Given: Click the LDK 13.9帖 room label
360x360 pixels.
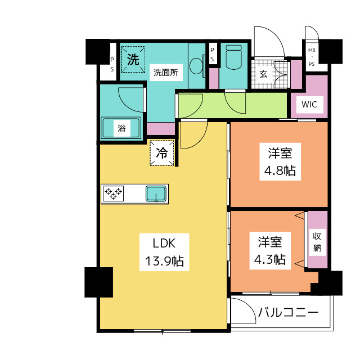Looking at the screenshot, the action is pyautogui.click(x=164, y=252).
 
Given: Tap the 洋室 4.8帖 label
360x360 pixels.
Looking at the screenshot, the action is pyautogui.click(x=280, y=161).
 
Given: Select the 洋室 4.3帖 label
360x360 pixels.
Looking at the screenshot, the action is pyautogui.click(x=270, y=250).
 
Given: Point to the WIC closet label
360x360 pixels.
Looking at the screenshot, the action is pyautogui.click(x=309, y=105).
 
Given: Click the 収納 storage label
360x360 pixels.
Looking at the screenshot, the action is pyautogui.click(x=317, y=242).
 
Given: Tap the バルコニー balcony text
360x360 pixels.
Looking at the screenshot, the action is pyautogui.click(x=289, y=312).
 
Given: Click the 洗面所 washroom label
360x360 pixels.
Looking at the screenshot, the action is pyautogui.click(x=166, y=73).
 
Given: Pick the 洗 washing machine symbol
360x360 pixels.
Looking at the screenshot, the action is pyautogui.click(x=133, y=60).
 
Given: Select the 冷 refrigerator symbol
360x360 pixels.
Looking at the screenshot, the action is pyautogui.click(x=162, y=153).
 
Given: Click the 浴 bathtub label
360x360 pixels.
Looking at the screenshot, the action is pyautogui.click(x=121, y=128).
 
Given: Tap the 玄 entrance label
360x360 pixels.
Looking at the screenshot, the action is pyautogui.click(x=263, y=74).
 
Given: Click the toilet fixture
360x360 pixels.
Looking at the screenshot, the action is pyautogui.click(x=233, y=57).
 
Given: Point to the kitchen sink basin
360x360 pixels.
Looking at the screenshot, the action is pyautogui.click(x=156, y=194).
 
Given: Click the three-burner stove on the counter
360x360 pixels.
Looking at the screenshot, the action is pyautogui.click(x=113, y=193).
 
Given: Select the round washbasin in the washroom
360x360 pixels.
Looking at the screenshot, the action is pyautogui.click(x=196, y=66).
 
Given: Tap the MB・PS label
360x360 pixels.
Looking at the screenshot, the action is pyautogui.click(x=312, y=57).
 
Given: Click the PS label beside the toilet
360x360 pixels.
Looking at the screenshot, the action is pyautogui.click(x=212, y=55).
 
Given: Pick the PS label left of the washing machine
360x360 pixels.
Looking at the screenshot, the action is pyautogui.click(x=112, y=65).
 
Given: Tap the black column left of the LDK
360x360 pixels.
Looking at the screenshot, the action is pyautogui.click(x=99, y=282).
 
